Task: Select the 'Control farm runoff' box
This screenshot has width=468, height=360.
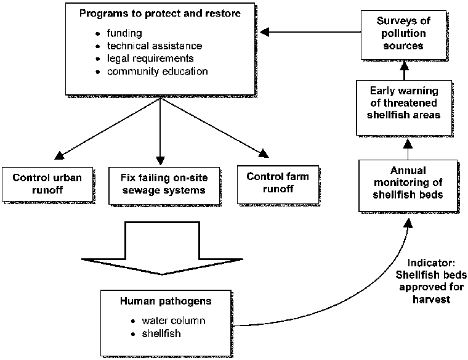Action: [x=278, y=182]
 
